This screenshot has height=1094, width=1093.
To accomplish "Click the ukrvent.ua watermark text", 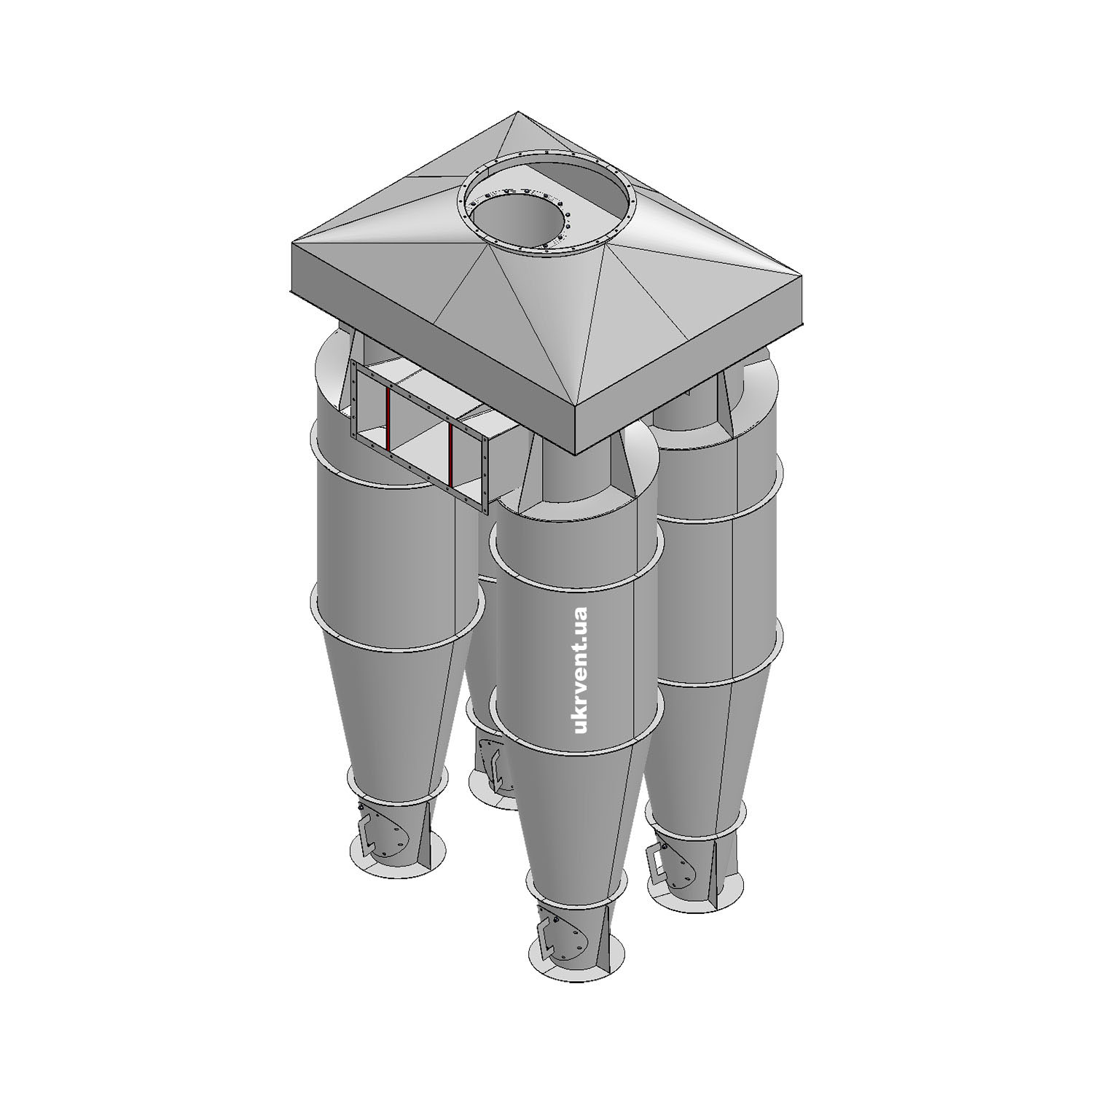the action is pyautogui.click(x=581, y=669).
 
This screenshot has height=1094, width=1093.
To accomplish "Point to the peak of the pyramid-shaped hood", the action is pyautogui.click(x=517, y=112).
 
